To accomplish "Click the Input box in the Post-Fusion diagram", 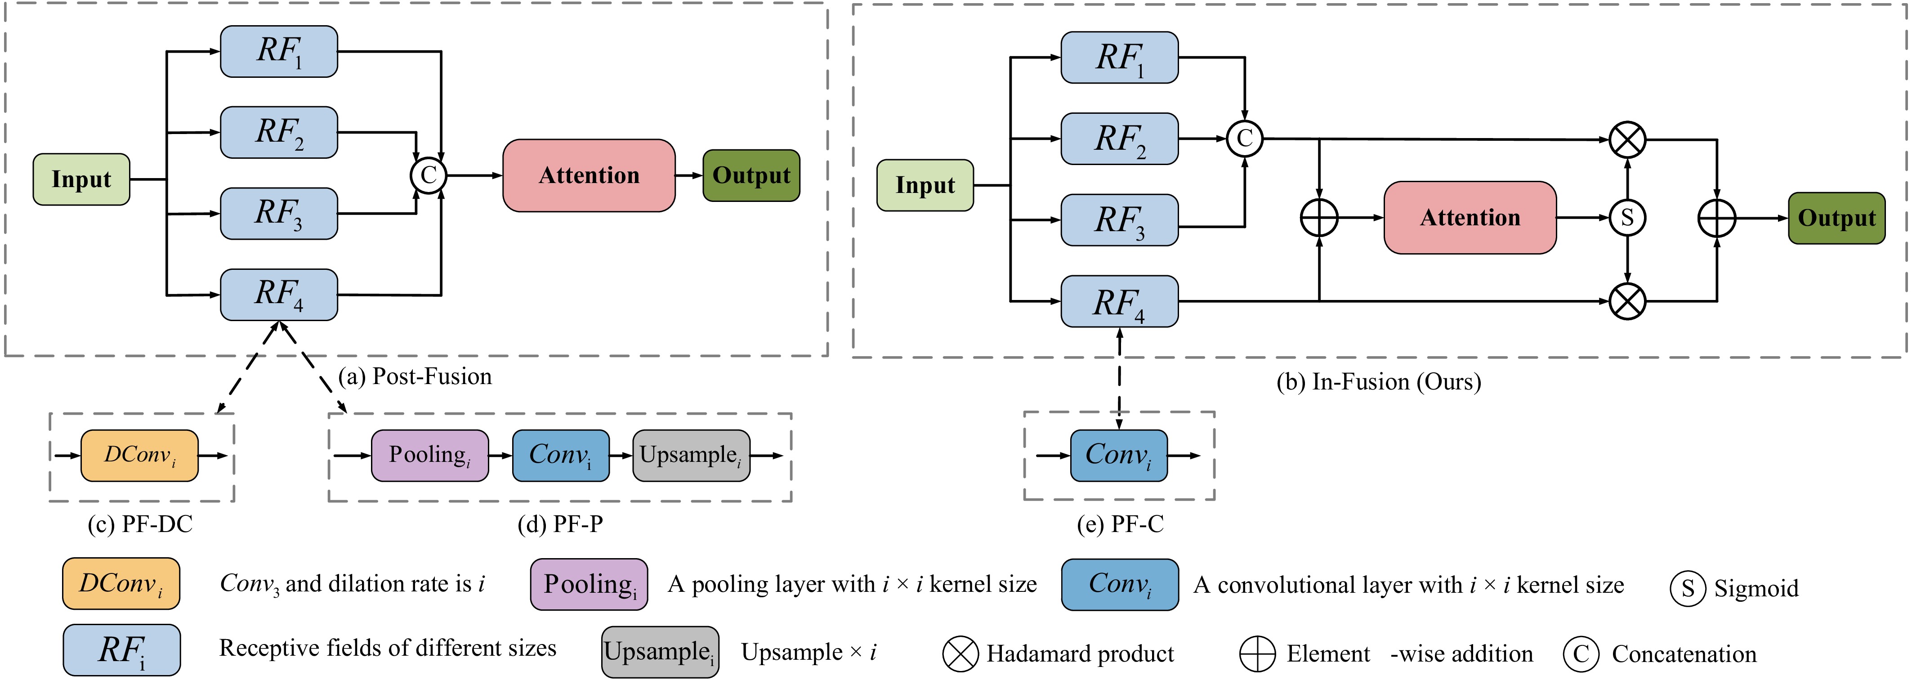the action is [82, 179].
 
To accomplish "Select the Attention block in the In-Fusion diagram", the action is [1470, 218].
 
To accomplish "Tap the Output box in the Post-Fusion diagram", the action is [751, 175].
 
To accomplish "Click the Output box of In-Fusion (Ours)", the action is [1836, 218].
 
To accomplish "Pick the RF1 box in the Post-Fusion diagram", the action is [279, 51].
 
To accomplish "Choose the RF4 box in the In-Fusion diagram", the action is [1119, 301].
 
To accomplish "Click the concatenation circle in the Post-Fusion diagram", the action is [428, 175].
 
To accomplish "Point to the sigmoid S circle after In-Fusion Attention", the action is [1627, 218].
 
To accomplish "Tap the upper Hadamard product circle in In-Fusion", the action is [1627, 139].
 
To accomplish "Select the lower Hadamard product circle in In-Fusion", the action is [1627, 301].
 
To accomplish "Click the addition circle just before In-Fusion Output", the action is [1717, 218].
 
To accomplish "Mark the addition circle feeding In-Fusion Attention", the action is [1319, 218].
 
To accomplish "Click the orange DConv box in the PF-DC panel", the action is [139, 455].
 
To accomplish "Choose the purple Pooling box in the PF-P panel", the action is [430, 455].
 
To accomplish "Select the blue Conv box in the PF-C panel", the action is [1118, 455].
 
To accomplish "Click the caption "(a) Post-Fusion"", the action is [415, 376].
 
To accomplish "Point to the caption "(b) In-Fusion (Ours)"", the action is [1378, 381].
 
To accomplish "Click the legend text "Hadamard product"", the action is [1080, 653].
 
